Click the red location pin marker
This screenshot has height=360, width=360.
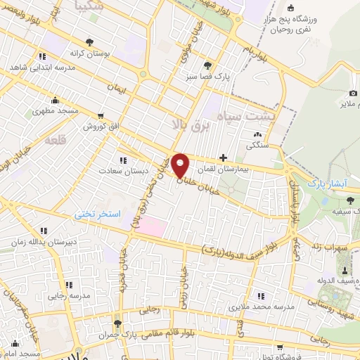[x=181, y=165]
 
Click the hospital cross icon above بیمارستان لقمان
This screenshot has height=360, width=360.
[x=224, y=158]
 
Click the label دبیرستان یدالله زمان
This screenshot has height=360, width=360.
[x=42, y=241]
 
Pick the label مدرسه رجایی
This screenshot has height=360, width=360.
[x=69, y=295]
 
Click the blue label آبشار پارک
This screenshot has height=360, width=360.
[x=328, y=182]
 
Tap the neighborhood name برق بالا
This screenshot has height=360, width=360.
[x=184, y=124]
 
